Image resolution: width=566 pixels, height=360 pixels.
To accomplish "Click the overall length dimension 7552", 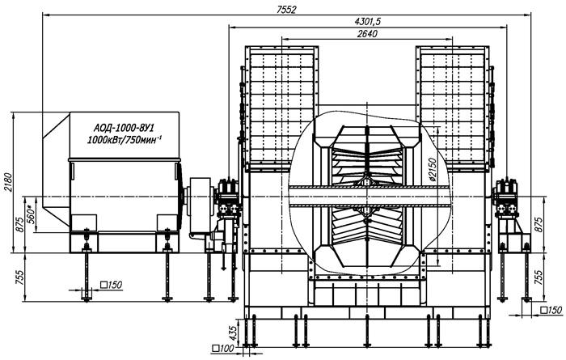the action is click(x=286, y=9).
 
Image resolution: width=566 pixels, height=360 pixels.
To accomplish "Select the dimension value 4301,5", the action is click(x=367, y=21).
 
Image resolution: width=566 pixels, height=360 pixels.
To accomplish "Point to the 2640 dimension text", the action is click(x=367, y=34).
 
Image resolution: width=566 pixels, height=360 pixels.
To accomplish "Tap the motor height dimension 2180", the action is click(x=8, y=182).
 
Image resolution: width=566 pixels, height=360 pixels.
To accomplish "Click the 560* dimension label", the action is click(x=31, y=214).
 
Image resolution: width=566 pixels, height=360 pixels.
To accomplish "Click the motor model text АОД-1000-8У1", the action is click(x=125, y=128).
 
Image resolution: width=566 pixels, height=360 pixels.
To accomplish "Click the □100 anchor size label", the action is click(x=223, y=349).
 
